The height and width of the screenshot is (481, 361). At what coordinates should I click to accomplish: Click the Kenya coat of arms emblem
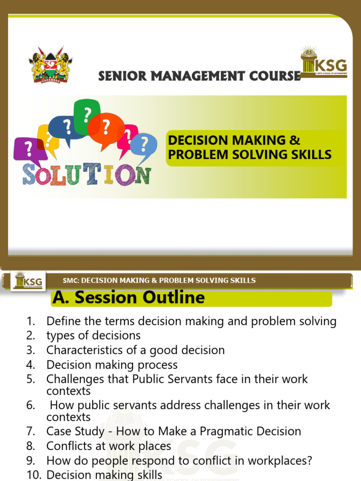tap(51, 64)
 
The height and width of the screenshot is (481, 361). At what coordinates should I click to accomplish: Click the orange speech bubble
tap(106, 126)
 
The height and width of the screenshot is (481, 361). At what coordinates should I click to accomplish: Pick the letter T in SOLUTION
tap(89, 174)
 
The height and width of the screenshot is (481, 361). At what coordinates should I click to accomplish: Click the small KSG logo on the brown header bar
tap(28, 280)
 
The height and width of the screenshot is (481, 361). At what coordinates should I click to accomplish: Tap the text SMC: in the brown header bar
tap(71, 280)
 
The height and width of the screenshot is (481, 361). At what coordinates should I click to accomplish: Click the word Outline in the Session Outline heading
tap(173, 297)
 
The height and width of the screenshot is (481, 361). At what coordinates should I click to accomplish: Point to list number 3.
tap(31, 350)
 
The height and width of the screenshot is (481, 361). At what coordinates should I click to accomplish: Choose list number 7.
tap(31, 431)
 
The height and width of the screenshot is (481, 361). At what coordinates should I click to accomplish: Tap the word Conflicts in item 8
tap(66, 446)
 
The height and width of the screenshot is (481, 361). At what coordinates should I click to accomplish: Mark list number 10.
tap(33, 475)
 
